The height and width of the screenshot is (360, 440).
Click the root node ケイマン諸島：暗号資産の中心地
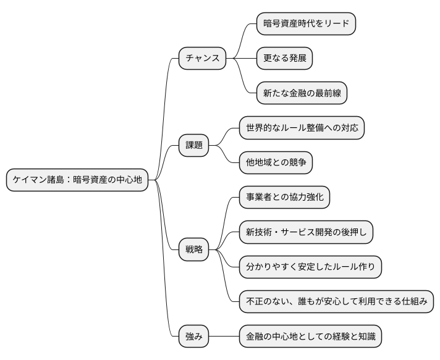77,180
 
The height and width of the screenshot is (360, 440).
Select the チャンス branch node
202,59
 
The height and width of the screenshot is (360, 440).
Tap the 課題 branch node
194,146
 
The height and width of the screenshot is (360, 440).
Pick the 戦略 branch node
194,250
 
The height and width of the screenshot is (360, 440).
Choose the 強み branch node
194,337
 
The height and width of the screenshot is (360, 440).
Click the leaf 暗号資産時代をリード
307,24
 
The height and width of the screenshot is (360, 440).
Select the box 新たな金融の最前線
302,93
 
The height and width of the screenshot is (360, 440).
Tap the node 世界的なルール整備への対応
302,128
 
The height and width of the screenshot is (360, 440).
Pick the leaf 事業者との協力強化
284,198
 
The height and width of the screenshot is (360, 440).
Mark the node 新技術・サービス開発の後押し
306,233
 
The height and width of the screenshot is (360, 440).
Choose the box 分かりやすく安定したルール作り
310,267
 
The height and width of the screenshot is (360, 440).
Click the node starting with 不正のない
336,302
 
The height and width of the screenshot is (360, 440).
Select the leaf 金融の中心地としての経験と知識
310,337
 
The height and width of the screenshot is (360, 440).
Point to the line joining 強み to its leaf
224,337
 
